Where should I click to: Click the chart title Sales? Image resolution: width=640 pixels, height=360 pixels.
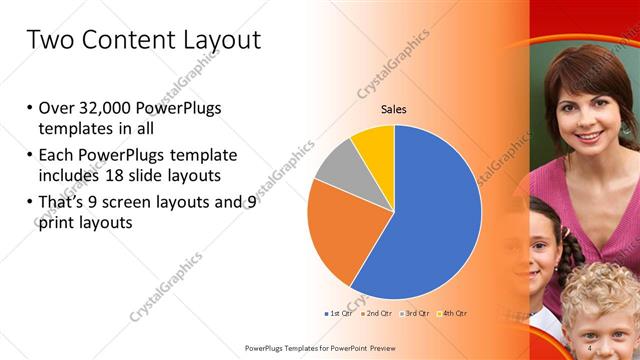[394, 110]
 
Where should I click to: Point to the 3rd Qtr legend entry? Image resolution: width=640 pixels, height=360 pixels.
[414, 313]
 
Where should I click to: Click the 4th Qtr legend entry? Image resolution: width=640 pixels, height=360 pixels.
[451, 313]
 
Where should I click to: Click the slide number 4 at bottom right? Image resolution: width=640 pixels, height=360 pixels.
[590, 347]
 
